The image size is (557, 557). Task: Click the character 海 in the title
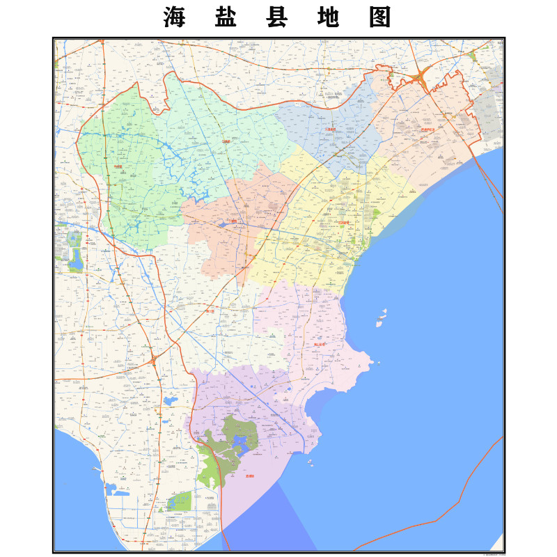coord(173,18)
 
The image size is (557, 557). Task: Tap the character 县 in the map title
coord(276,18)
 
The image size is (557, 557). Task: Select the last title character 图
coord(379,18)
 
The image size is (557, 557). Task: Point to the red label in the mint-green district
coord(226,141)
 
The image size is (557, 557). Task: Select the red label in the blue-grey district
coord(331,130)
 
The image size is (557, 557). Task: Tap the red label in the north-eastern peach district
coord(428,130)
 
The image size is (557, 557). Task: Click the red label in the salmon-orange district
coord(235,221)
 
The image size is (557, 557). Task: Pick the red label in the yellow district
coord(343,223)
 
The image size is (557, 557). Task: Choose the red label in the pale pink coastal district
coord(320,344)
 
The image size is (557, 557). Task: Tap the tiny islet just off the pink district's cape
coord(377,362)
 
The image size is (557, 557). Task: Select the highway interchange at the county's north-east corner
coord(421,78)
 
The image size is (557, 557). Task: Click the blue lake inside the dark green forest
coord(240,443)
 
